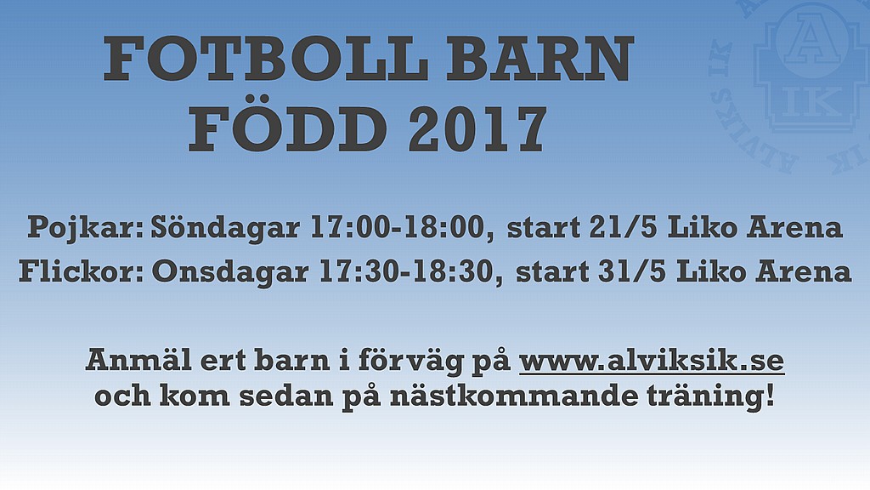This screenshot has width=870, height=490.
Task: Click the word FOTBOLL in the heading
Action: point(266,59)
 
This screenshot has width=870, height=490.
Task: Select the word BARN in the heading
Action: point(540,59)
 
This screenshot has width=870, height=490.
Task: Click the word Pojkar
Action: point(86,228)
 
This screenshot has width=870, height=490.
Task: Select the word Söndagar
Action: point(225,227)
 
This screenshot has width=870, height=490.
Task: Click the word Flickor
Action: point(81,271)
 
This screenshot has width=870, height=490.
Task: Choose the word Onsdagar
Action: point(230,273)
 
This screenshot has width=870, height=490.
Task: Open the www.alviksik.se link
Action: point(652,361)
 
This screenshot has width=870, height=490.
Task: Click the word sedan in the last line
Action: point(273,396)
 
